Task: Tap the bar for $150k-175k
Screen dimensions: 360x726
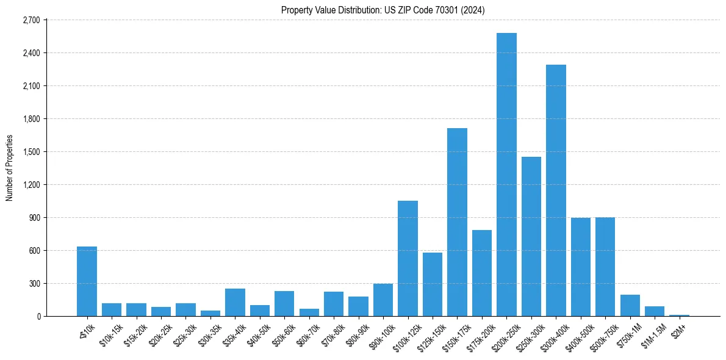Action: pos(457,222)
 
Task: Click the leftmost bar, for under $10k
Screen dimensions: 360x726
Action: pos(87,281)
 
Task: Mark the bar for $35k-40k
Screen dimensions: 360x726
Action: pos(235,302)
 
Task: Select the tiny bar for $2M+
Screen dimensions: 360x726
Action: pos(679,315)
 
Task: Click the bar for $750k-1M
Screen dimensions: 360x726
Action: pos(630,305)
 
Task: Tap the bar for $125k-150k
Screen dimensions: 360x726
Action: pos(432,284)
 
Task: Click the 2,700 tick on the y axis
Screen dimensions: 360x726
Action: pos(31,20)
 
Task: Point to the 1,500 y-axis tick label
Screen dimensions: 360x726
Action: pos(31,152)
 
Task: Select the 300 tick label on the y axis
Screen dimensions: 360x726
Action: pos(34,284)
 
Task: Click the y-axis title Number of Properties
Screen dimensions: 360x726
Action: pos(9,168)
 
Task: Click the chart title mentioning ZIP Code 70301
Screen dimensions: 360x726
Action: pos(383,10)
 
